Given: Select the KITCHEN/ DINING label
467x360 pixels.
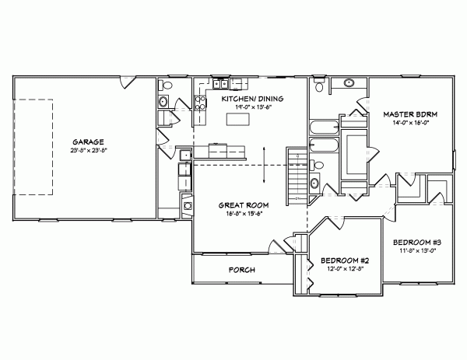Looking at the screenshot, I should pyautogui.click(x=251, y=100).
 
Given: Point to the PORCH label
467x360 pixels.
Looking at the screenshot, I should pyautogui.click(x=242, y=271).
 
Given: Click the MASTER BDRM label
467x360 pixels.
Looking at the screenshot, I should pyautogui.click(x=411, y=114).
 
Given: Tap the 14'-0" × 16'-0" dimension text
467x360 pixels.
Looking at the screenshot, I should pyautogui.click(x=411, y=123).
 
